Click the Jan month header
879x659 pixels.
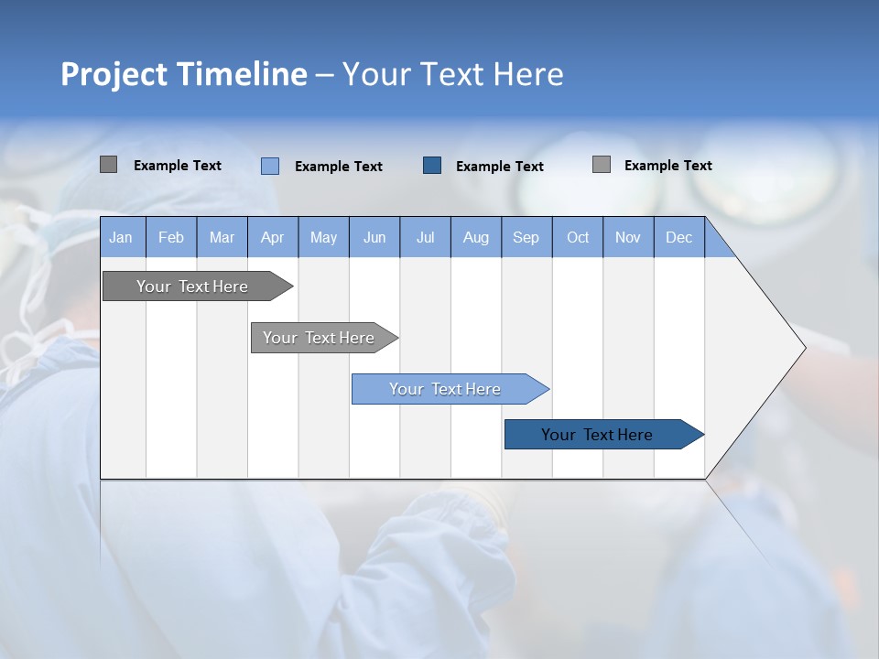pos(121,238)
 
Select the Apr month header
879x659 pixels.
pos(272,238)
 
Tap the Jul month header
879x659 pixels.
pos(425,238)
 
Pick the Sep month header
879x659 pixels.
pos(526,238)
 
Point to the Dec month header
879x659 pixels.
pos(678,238)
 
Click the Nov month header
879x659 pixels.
pos(627,238)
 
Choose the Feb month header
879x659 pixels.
pos(171,238)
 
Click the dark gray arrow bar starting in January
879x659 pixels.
pos(192,286)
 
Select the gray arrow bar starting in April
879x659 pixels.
pos(319,338)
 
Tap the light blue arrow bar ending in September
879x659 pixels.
pos(445,389)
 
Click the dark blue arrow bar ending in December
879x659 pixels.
pos(597,435)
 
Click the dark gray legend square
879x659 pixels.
pos(108,165)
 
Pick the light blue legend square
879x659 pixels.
pos(270,166)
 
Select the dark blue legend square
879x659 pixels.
pos(432,165)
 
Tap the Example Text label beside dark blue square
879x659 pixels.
pos(499,166)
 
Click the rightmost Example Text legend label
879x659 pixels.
pos(667,165)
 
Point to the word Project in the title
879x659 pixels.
pos(113,74)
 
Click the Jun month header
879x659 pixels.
pos(374,238)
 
